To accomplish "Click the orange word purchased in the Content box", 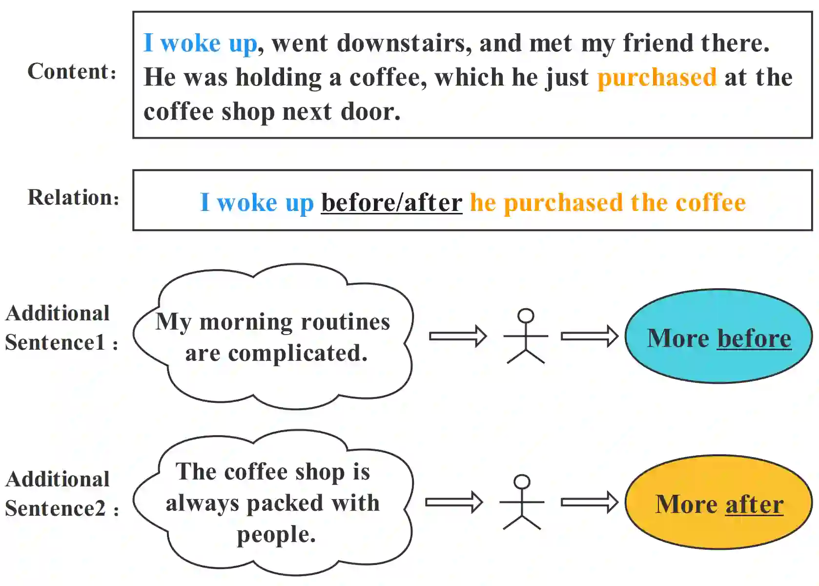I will pyautogui.click(x=656, y=77).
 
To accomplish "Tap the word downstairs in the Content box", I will pyautogui.click(x=404, y=43).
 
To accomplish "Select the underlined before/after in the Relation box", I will pyautogui.click(x=391, y=202).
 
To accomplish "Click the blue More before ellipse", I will pyautogui.click(x=718, y=336).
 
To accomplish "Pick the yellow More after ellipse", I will pyautogui.click(x=718, y=502).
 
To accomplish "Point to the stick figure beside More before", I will pyautogui.click(x=526, y=336).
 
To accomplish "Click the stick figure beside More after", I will pyautogui.click(x=522, y=502).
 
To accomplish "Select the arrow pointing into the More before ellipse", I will pyautogui.click(x=589, y=336).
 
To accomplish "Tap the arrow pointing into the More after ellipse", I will pyautogui.click(x=589, y=502).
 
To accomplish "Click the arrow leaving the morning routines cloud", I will pyautogui.click(x=457, y=336).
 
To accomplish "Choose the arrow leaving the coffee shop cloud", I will pyautogui.click(x=453, y=502).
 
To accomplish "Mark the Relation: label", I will pyautogui.click(x=73, y=198).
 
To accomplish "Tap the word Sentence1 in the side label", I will pyautogui.click(x=55, y=342).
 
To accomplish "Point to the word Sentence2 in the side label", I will pyautogui.click(x=55, y=508).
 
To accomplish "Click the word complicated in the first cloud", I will pyautogui.click(x=298, y=353).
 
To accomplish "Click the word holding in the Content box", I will pyautogui.click(x=278, y=77).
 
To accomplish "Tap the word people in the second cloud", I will pyautogui.click(x=276, y=535).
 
